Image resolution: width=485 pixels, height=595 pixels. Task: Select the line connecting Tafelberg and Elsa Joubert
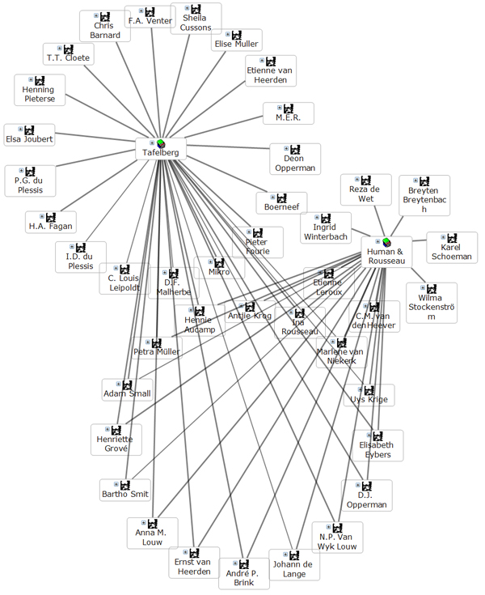(x=95, y=142)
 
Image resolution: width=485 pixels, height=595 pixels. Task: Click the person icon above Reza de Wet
(x=366, y=180)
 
